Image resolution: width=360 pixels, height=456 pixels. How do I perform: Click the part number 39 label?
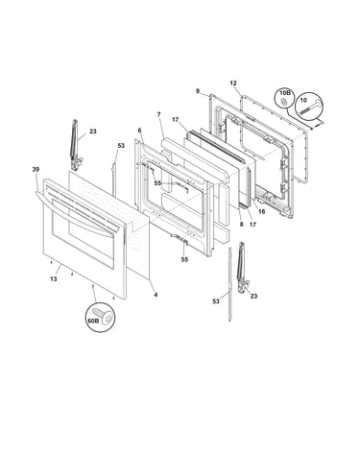36,169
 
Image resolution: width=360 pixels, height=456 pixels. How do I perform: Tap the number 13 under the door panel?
54,279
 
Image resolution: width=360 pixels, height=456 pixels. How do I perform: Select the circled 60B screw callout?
101,317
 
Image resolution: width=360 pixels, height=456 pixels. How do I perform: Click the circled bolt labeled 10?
309,107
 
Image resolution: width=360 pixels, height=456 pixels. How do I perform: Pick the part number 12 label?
233,84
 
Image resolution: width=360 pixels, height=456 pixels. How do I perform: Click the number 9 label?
198,91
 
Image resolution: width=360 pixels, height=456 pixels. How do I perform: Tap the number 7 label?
158,114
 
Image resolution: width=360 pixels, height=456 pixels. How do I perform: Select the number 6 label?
139,131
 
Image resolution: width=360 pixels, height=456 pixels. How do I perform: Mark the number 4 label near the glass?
156,295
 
